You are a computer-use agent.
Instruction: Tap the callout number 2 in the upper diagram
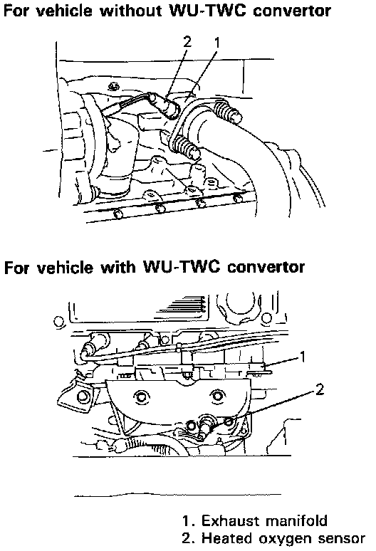pos(187,42)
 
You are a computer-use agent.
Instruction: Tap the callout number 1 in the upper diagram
pos(216,42)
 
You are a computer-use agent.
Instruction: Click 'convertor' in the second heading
pos(266,268)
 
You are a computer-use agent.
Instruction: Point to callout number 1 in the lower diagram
pos(302,357)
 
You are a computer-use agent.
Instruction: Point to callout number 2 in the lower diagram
pos(320,389)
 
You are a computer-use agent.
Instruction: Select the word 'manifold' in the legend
pos(297,521)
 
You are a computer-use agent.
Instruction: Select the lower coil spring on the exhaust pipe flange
pos(185,147)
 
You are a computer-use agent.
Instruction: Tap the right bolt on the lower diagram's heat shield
pos(216,397)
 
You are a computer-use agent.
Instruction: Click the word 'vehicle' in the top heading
pos(64,11)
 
